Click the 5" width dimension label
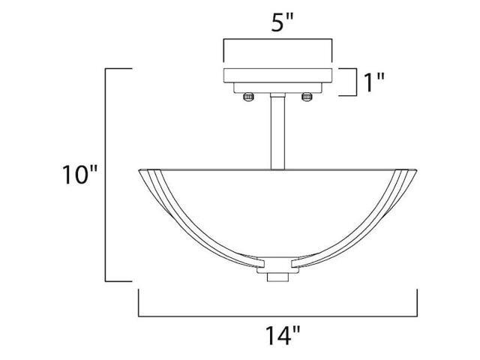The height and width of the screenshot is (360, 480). pyautogui.click(x=282, y=22)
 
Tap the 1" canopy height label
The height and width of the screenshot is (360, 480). pyautogui.click(x=373, y=82)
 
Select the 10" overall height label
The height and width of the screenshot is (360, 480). pyautogui.click(x=79, y=175)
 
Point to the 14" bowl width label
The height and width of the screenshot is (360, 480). pyautogui.click(x=282, y=335)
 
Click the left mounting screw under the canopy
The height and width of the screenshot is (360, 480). pyautogui.click(x=248, y=97)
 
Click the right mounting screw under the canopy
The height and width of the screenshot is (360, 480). pyautogui.click(x=307, y=97)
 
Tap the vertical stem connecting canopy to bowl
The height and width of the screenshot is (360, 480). pyautogui.click(x=277, y=133)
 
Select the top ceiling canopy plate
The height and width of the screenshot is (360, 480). pyautogui.click(x=278, y=75)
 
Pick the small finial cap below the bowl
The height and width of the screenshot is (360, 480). pyautogui.click(x=278, y=277)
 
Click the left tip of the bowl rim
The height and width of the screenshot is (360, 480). pyautogui.click(x=139, y=170)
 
